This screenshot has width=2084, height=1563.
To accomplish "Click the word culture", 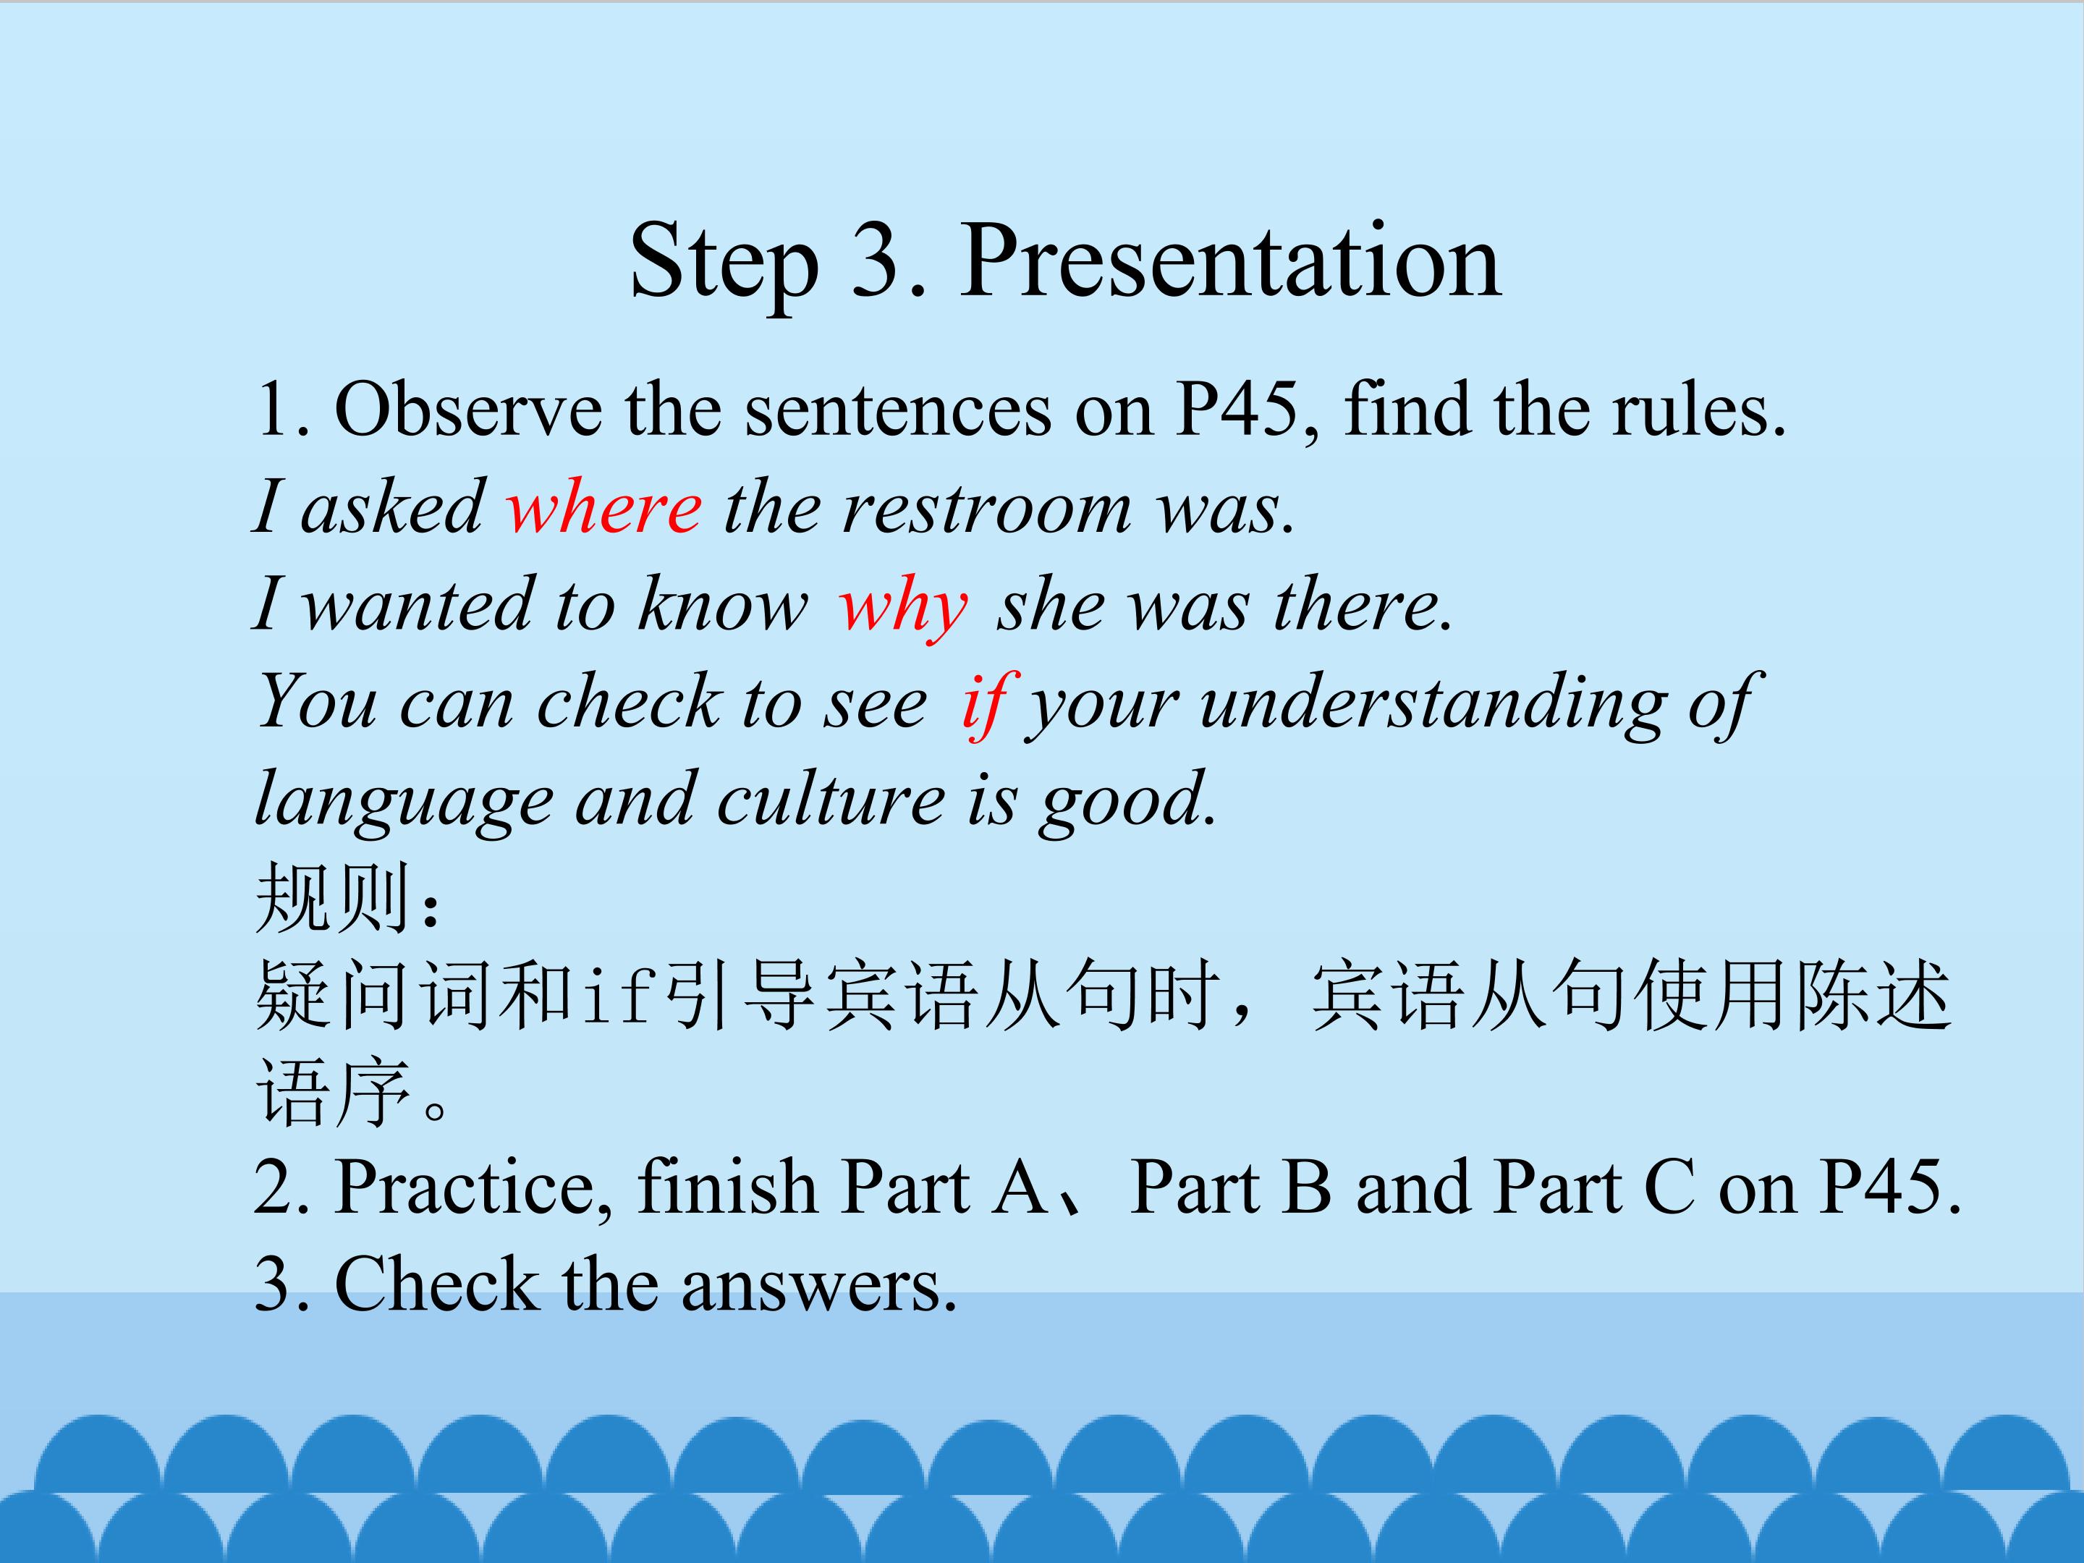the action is pyautogui.click(x=830, y=799).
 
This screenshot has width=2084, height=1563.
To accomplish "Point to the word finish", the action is pyautogui.click(x=727, y=1185).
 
